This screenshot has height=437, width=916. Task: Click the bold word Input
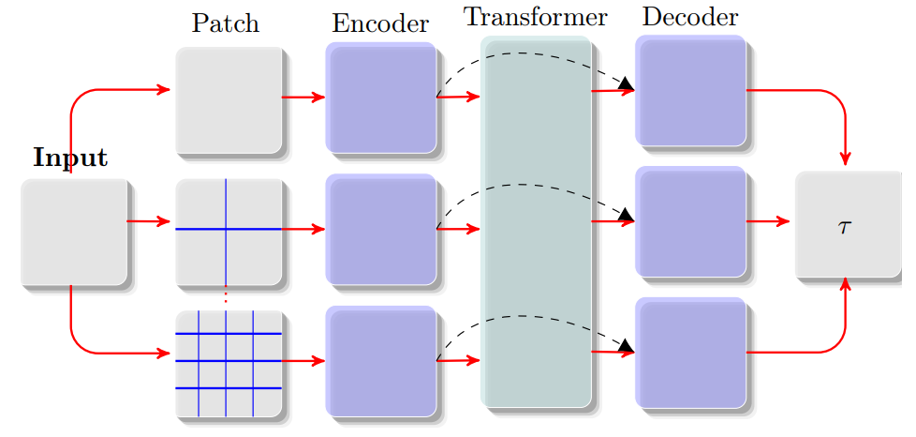tap(70, 158)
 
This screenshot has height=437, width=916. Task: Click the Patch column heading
tap(225, 23)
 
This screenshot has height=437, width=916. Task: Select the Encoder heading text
tap(380, 23)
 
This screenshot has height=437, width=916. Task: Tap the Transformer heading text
tap(536, 18)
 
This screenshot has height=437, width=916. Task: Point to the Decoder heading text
tap(690, 18)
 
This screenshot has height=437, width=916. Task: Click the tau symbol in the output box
tap(845, 227)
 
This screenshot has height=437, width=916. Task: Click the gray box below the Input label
tap(74, 232)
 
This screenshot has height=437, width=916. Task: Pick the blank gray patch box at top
tap(229, 98)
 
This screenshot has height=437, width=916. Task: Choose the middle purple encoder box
tap(381, 229)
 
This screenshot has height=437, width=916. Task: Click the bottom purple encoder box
tap(381, 360)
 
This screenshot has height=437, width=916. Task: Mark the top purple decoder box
tap(690, 91)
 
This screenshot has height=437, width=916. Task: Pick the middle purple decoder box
tap(690, 222)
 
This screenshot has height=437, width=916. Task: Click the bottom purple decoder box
tap(690, 353)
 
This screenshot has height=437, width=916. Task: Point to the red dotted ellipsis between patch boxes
tap(226, 298)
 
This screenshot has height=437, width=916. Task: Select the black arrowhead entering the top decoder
tap(627, 87)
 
